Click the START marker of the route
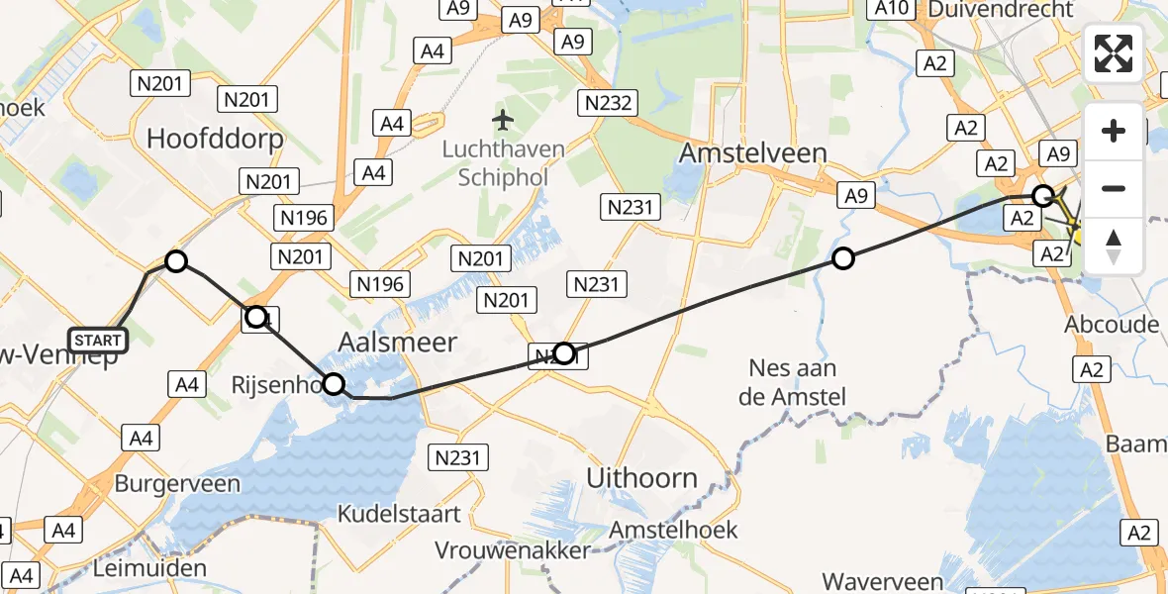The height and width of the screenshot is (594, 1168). [98, 341]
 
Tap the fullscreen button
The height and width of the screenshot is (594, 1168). [1114, 53]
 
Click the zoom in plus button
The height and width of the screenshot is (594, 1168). [1114, 131]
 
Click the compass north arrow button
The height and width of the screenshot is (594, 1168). [1114, 246]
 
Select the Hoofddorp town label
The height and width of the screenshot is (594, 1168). [215, 139]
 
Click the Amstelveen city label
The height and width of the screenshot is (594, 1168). [753, 153]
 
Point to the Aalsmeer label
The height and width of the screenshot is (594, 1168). [398, 343]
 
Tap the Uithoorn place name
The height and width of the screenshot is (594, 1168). [641, 478]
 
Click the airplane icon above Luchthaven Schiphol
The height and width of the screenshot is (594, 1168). [504, 121]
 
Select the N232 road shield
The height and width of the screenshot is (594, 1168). [609, 102]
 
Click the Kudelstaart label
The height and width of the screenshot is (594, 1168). [399, 514]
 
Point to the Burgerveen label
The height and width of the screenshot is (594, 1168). [177, 484]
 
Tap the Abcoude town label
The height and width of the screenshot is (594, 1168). [1112, 326]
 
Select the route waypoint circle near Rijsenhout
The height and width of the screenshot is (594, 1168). [334, 384]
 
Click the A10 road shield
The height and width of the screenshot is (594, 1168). [891, 9]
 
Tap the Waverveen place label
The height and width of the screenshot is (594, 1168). [888, 579]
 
